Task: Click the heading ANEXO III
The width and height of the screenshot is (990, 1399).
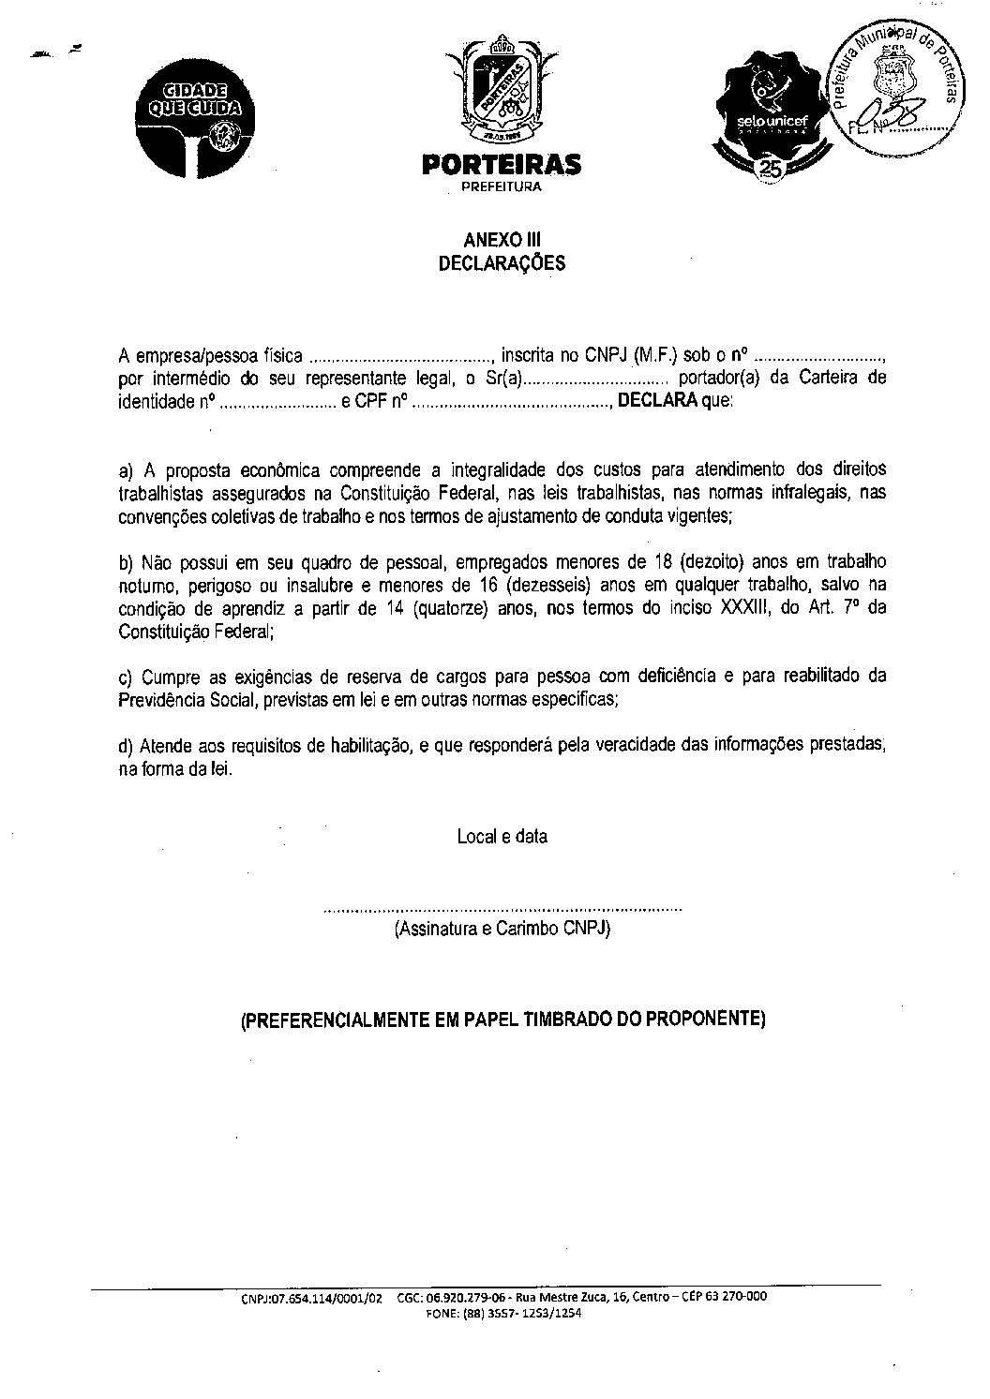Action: point(502,241)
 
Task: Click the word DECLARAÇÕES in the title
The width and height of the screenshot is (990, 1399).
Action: point(502,263)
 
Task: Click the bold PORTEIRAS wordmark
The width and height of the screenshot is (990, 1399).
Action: point(502,166)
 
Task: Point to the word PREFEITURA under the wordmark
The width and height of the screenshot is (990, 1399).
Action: point(502,186)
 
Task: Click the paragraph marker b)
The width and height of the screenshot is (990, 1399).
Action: point(127,563)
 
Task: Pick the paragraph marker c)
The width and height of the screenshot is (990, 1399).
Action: point(127,677)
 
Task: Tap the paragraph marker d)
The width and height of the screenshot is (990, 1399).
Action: point(127,746)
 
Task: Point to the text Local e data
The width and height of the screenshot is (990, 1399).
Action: point(502,836)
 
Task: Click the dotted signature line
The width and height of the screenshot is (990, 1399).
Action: point(502,909)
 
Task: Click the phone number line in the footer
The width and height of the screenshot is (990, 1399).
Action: point(503,1314)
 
